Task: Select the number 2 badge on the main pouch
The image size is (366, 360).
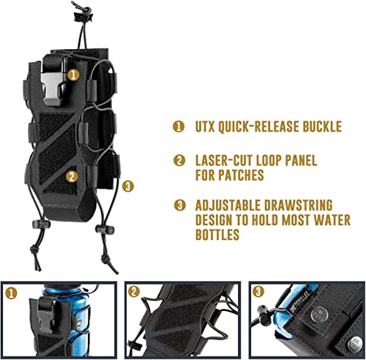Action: [x=72, y=176]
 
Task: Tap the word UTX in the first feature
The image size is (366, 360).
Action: [x=206, y=127]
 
